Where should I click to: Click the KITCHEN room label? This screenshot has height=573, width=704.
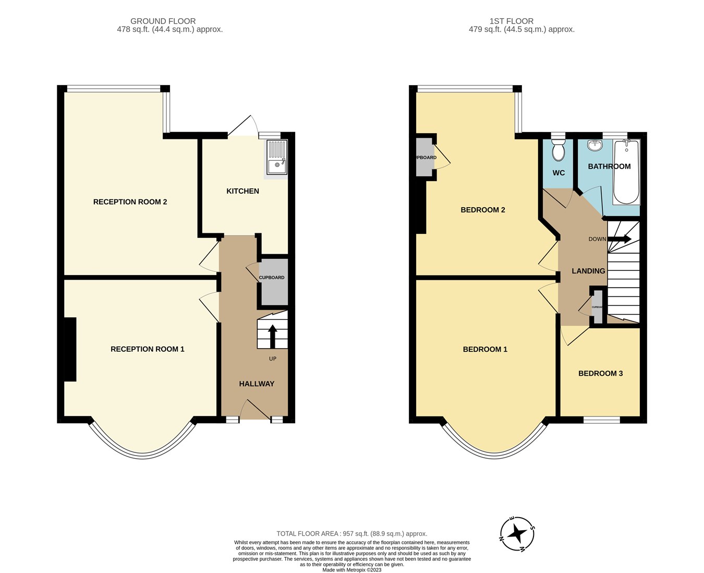pos(242,191)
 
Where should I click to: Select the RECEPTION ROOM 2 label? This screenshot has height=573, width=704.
pos(130,202)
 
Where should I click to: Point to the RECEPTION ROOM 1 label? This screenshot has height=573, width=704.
pos(147,349)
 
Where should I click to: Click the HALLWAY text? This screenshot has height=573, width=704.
pos(257,384)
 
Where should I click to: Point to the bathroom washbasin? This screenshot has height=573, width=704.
pos(594,145)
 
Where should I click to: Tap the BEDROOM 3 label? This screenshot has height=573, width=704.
pos(600,374)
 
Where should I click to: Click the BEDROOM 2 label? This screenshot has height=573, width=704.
pos(482,210)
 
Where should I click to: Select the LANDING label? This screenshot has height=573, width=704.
pos(588,271)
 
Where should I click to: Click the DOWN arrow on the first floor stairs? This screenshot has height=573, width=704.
pos(620,239)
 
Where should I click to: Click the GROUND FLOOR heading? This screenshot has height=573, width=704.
pos(163,21)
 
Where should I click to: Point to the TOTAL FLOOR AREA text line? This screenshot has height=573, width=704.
pos(351,533)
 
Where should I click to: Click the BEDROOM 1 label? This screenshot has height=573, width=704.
pos(485,349)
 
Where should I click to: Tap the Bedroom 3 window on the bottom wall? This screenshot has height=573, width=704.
pos(601,420)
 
